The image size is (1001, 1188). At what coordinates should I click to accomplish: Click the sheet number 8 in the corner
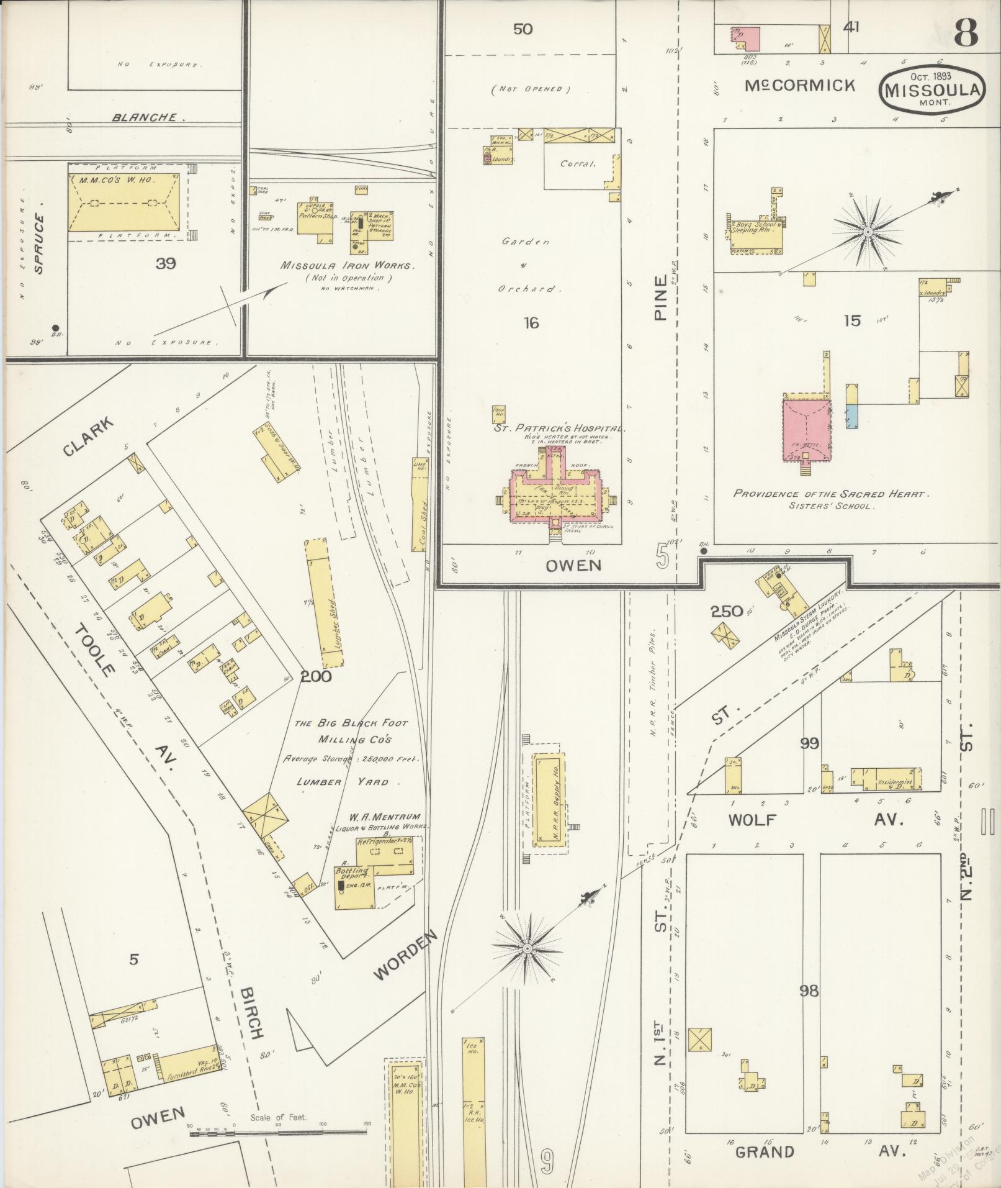tap(967, 32)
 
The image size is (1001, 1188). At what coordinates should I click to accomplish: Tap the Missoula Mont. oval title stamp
tap(931, 89)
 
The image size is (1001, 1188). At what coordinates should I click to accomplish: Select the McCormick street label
tap(800, 86)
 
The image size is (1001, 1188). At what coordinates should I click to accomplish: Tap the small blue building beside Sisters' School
tap(852, 415)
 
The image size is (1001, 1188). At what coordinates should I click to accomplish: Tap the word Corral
tap(577, 165)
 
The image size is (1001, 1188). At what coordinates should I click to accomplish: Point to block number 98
tap(809, 991)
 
